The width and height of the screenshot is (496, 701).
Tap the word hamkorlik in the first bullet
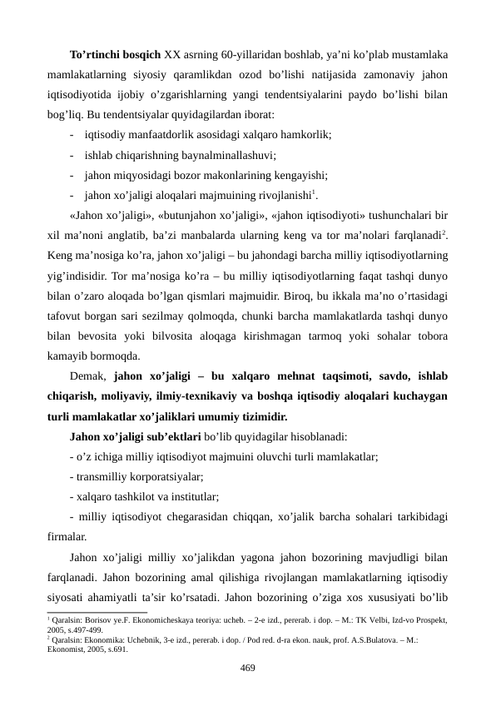coord(307,134)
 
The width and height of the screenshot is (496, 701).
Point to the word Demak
coord(88,375)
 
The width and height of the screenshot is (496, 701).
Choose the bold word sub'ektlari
coord(172,435)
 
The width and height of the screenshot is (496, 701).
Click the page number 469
coord(248,668)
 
